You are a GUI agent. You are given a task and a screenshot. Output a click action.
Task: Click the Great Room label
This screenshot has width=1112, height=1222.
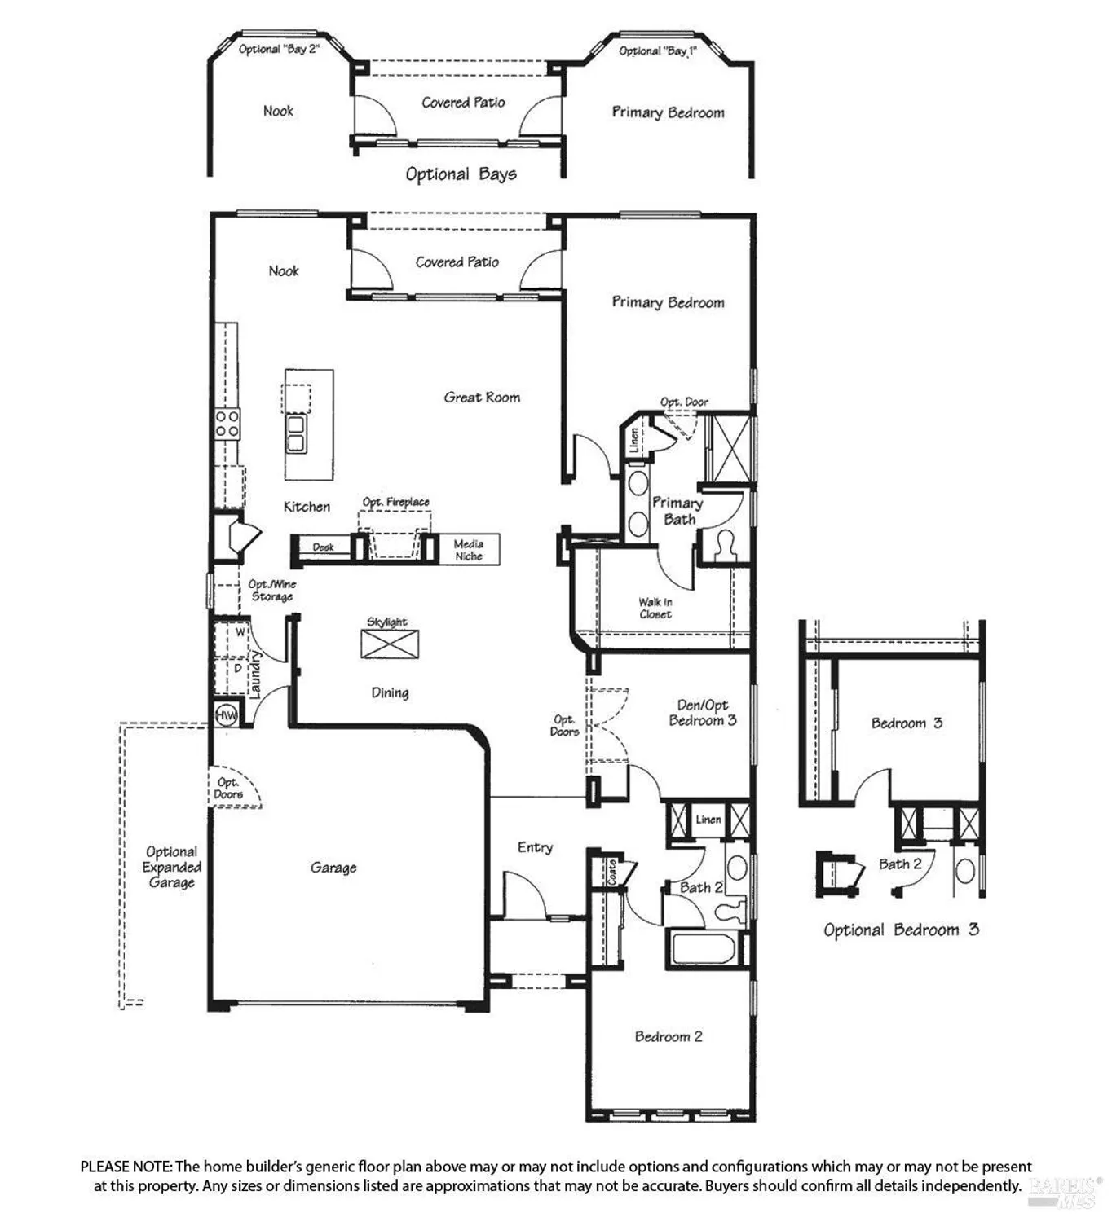point(482,398)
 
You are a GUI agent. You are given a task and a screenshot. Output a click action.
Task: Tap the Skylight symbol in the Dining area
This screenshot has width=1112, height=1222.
point(390,644)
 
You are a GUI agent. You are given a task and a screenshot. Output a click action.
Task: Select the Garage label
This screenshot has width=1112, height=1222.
point(333,868)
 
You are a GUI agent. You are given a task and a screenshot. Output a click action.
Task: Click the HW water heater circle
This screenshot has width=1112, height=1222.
point(226,715)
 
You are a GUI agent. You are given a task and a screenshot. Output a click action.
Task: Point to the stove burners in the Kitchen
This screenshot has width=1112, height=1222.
point(227,423)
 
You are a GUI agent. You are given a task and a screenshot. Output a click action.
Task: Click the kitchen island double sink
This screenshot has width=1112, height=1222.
point(295,433)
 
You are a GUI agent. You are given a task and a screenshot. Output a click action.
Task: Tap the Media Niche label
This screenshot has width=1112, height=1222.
point(469,550)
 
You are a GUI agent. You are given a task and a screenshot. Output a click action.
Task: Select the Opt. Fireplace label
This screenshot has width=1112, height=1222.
point(396,502)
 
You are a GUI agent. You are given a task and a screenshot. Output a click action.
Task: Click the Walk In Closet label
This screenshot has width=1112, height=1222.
point(655,608)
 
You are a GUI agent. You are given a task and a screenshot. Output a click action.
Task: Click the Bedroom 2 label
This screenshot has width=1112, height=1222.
point(669,1036)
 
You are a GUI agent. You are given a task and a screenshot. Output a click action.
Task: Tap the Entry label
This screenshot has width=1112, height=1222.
point(535,847)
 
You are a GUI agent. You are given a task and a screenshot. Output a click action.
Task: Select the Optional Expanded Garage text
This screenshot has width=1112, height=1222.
point(171,867)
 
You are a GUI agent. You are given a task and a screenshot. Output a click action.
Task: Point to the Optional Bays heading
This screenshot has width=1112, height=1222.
point(461,174)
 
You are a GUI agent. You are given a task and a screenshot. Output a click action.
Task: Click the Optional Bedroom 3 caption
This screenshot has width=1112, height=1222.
point(901,930)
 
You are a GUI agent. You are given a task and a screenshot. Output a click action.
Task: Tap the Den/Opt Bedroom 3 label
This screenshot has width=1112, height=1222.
point(703,713)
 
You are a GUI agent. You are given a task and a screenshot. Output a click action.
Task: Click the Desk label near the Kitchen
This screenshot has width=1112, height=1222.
point(324,547)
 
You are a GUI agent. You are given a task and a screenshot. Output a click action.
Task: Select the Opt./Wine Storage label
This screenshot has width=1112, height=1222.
point(271,591)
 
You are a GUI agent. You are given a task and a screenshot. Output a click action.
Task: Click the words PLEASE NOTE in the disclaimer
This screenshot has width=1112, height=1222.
point(126,1167)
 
